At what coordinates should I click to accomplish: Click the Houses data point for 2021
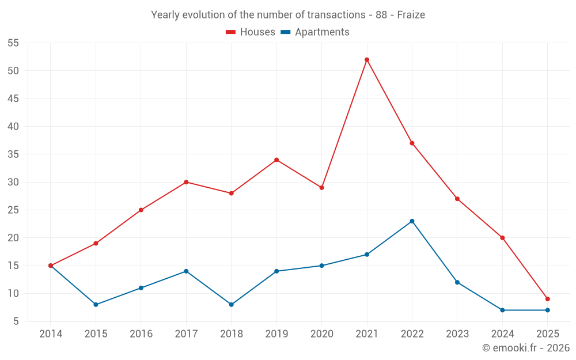(x=367, y=60)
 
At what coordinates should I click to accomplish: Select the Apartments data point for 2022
(x=412, y=221)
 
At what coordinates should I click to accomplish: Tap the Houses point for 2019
(x=276, y=160)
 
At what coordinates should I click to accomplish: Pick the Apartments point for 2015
(x=96, y=305)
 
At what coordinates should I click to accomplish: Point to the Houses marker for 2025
(x=547, y=299)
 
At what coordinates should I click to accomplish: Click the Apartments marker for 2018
(x=232, y=305)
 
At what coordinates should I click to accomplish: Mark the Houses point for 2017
(x=186, y=182)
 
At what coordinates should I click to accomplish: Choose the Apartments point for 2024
(x=502, y=310)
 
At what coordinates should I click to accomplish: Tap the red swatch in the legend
(x=231, y=32)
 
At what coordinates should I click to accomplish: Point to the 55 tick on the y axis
(x=13, y=43)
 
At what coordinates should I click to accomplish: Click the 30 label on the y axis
(x=13, y=183)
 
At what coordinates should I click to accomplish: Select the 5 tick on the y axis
(x=16, y=321)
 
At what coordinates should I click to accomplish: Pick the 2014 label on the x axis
(x=51, y=334)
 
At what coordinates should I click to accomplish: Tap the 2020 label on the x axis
(x=321, y=334)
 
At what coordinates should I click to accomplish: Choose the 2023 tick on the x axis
(x=457, y=334)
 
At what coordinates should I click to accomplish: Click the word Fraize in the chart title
(x=411, y=15)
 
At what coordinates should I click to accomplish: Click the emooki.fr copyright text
(x=525, y=348)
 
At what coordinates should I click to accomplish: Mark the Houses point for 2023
(x=457, y=199)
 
